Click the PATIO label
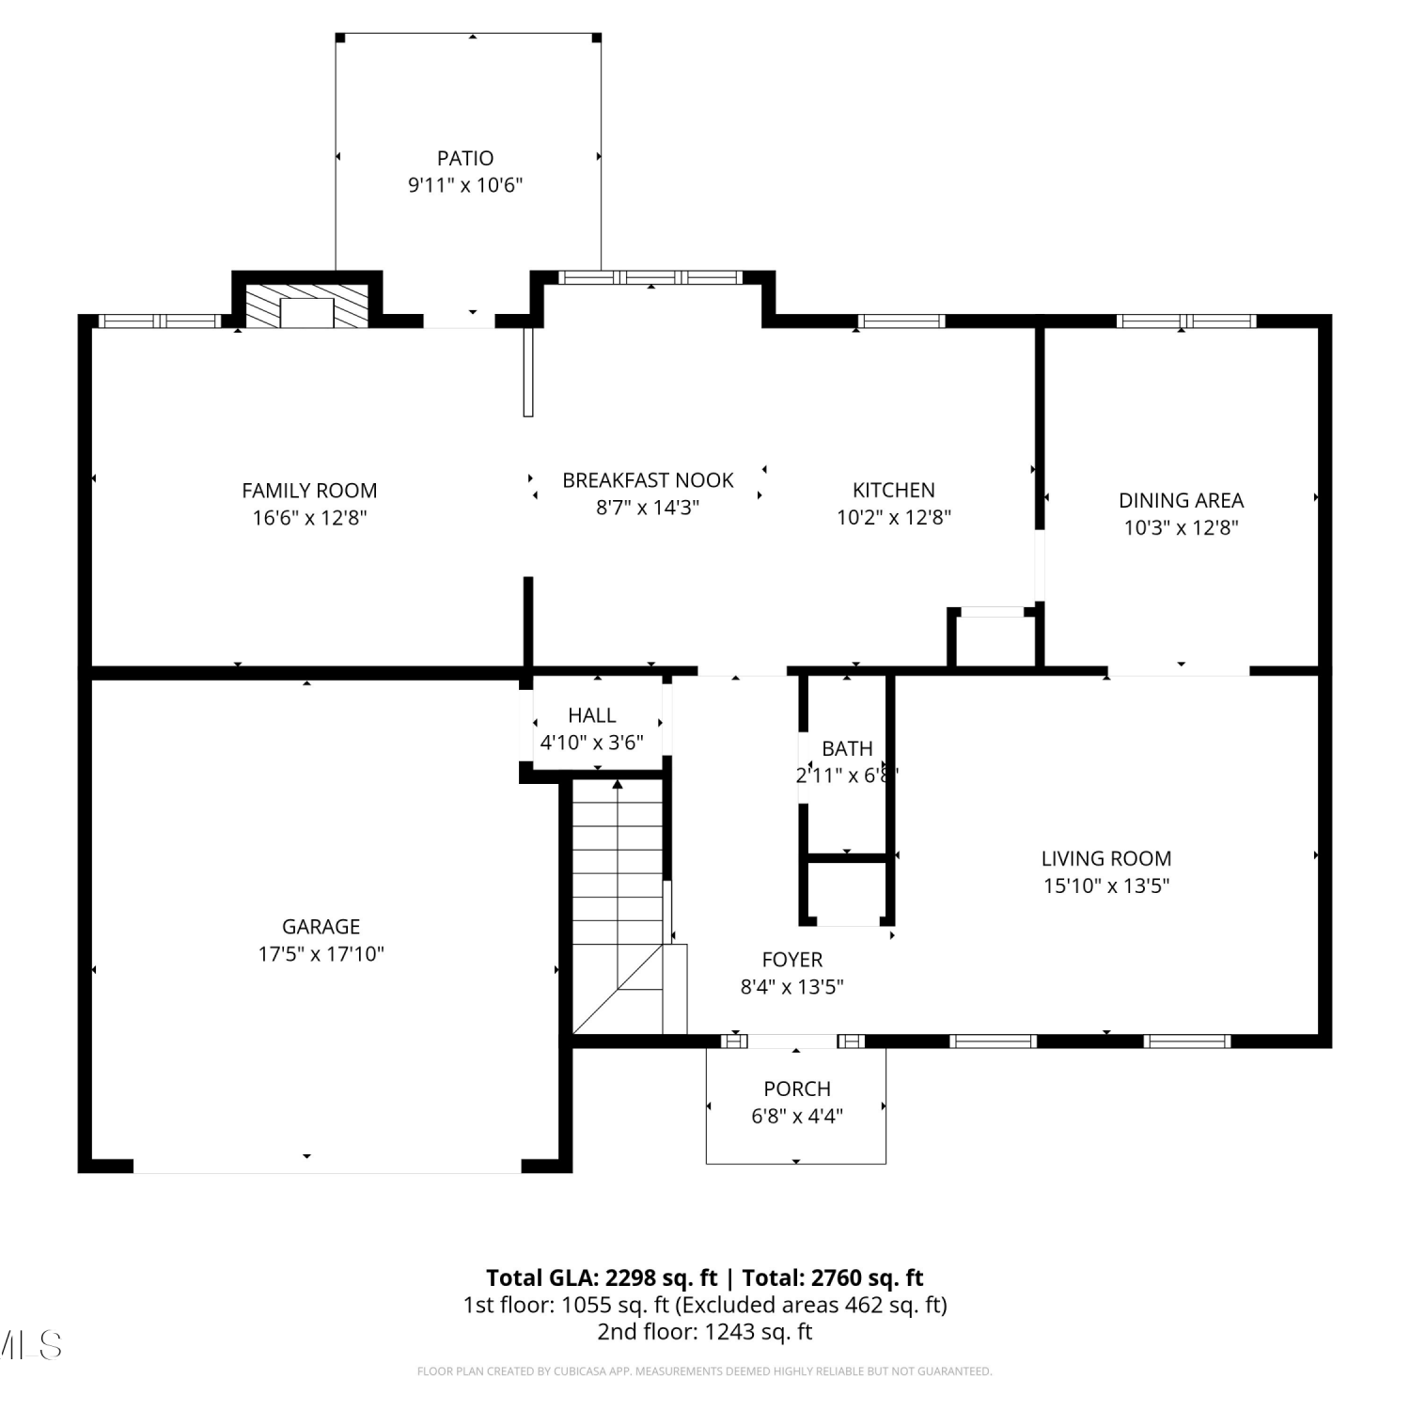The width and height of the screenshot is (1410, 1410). [x=465, y=158]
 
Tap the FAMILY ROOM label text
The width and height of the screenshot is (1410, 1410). [x=309, y=491]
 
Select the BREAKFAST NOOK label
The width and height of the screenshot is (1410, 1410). [x=648, y=480]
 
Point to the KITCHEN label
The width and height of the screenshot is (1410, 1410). [x=894, y=490]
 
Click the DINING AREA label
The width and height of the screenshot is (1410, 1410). [x=1181, y=500]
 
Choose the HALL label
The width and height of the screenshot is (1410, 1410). [x=592, y=715]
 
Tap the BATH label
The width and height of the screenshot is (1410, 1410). [x=847, y=748]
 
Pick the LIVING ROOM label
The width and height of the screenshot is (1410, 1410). [x=1106, y=858]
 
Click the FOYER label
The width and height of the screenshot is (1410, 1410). [x=792, y=960]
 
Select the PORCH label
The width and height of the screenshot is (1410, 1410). [x=797, y=1089]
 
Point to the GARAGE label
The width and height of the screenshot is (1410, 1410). [x=321, y=927]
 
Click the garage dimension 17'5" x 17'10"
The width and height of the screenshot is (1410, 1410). [x=321, y=954]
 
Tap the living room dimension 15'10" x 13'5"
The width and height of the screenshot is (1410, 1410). [x=1106, y=885]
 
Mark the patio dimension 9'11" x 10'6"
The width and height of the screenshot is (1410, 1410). [x=465, y=185]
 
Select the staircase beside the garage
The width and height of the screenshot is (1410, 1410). [x=619, y=907]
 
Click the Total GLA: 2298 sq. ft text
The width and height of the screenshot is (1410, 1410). [x=602, y=1278]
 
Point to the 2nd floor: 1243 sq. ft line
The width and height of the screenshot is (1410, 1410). [x=705, y=1332]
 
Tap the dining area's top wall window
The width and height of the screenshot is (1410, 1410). [x=1186, y=321]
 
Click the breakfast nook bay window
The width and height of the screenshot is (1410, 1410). [x=650, y=277]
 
